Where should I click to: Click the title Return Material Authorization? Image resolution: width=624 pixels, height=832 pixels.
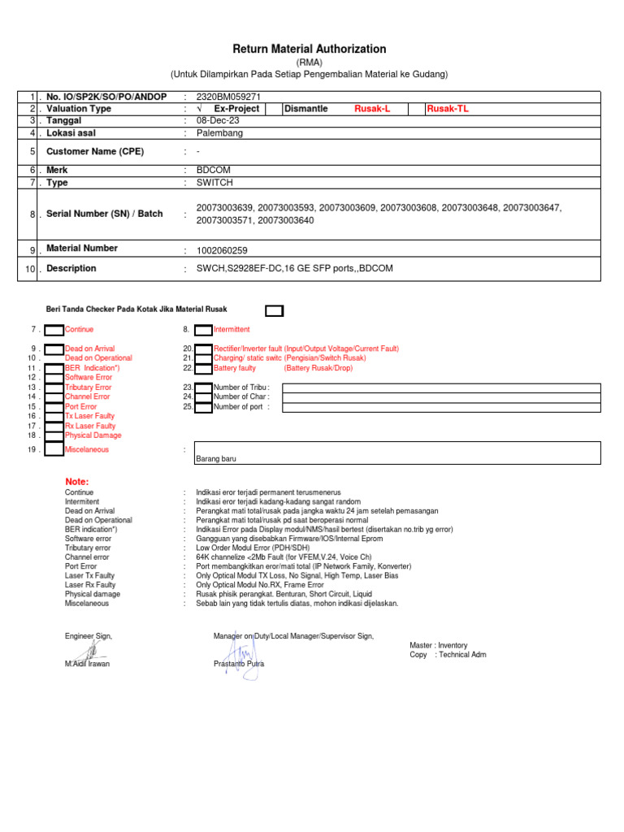click(x=310, y=50)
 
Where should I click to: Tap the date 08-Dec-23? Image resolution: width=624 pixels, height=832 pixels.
click(x=218, y=120)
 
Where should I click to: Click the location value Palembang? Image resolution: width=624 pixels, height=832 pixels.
click(x=219, y=132)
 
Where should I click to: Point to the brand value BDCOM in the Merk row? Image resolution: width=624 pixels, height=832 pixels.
click(x=214, y=170)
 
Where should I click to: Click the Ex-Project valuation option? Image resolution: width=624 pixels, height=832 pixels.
click(x=236, y=109)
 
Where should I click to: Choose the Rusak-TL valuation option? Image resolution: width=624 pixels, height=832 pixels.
click(x=448, y=109)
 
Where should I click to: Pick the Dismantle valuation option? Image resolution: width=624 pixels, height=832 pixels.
click(x=305, y=109)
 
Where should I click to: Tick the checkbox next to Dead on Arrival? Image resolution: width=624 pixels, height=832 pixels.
click(x=54, y=349)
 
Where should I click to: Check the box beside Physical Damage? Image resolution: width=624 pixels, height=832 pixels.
click(x=54, y=435)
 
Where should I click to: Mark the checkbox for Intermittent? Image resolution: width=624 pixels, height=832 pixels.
click(x=202, y=330)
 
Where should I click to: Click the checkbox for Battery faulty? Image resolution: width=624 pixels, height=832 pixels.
click(x=202, y=368)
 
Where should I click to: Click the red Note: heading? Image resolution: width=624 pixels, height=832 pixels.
click(x=76, y=482)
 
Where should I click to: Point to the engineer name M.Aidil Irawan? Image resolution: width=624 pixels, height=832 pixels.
click(x=87, y=664)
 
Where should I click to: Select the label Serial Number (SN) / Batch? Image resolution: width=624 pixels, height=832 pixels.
click(x=104, y=214)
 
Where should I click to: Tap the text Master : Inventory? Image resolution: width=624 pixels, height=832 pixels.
click(x=438, y=645)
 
